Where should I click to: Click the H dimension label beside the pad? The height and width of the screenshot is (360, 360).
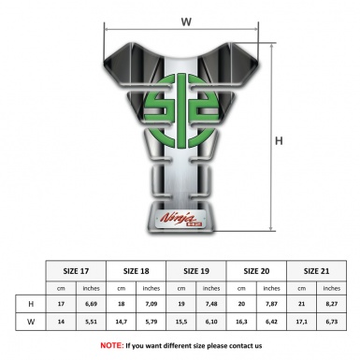[279, 141]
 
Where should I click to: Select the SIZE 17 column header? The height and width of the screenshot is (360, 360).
[77, 270]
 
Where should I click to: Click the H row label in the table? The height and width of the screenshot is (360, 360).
[32, 304]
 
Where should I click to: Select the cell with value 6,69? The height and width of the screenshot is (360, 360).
[92, 304]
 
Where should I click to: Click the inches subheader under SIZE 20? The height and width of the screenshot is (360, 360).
[272, 288]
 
